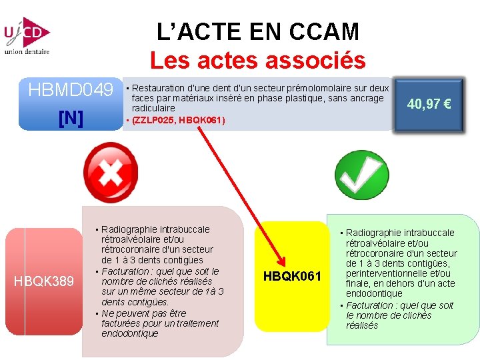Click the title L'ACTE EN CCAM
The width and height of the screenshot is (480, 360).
258,31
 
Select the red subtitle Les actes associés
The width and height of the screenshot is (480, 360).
258,61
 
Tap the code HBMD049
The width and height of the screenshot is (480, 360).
71,89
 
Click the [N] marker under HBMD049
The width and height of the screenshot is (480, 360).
71,118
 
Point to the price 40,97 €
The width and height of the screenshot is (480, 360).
429,104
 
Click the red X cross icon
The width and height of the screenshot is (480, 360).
109,174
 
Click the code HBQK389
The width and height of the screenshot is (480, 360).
44,281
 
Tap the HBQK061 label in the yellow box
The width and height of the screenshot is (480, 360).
292,276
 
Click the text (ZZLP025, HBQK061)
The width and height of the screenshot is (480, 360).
179,121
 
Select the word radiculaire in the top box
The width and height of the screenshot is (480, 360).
153,108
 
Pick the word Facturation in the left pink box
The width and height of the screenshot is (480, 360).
126,271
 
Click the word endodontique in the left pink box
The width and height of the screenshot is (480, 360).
129,333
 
